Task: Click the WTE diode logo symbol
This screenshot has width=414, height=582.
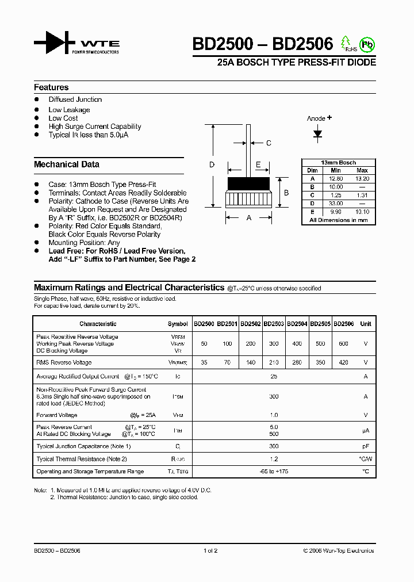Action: click(x=55, y=43)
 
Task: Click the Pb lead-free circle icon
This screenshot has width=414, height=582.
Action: click(x=366, y=44)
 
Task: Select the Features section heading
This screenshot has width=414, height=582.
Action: click(x=51, y=87)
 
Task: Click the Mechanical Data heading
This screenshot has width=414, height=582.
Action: click(x=67, y=164)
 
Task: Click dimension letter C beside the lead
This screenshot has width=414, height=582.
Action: click(x=268, y=143)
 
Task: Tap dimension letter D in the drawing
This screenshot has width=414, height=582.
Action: click(x=212, y=165)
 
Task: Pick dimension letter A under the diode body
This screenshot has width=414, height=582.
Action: click(x=248, y=218)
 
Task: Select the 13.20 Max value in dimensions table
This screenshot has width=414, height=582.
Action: click(x=362, y=179)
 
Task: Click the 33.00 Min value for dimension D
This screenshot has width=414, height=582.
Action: click(x=336, y=204)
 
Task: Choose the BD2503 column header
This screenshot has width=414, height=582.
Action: click(x=274, y=324)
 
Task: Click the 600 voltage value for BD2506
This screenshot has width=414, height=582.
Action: click(x=343, y=343)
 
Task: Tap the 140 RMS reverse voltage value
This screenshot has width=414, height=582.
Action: click(x=250, y=363)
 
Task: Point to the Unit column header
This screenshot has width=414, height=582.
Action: click(x=366, y=324)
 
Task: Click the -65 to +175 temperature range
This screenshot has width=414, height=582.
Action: click(x=274, y=472)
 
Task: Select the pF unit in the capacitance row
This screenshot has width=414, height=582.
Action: click(x=366, y=446)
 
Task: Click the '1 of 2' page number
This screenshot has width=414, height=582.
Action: click(x=210, y=550)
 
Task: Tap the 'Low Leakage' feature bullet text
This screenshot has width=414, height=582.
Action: click(x=69, y=110)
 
